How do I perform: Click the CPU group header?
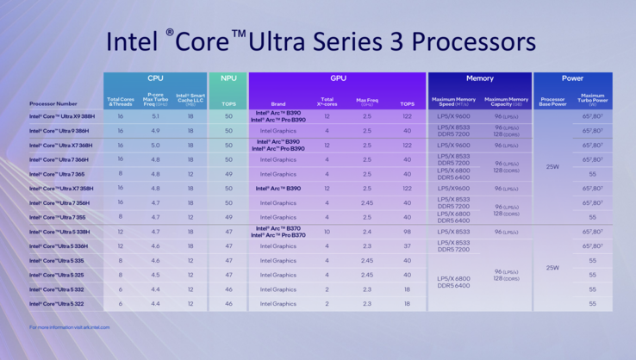[x=155, y=78]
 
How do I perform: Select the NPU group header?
[x=228, y=78]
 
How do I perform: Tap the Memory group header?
[x=480, y=78]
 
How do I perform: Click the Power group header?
[x=572, y=78]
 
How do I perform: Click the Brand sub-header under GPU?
[x=278, y=103]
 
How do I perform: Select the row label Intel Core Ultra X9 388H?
[x=63, y=116]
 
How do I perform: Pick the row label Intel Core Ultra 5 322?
[x=56, y=303]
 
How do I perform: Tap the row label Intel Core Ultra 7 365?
[x=56, y=174]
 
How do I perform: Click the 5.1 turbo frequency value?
[x=155, y=116]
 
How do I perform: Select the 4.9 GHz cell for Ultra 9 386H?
[x=155, y=131]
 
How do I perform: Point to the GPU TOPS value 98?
[x=407, y=232]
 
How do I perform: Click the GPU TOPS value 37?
[x=407, y=246]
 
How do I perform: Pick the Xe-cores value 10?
[x=327, y=232]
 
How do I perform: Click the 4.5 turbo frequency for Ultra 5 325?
[x=155, y=275]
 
